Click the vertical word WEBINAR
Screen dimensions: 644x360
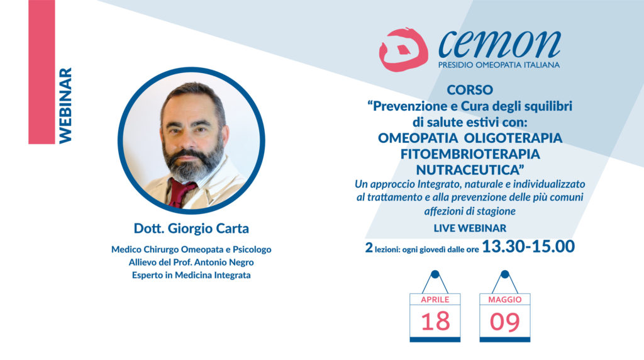click(x=65, y=106)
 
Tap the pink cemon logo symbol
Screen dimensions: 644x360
click(x=403, y=49)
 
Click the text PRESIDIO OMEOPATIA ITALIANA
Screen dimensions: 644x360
click(x=499, y=65)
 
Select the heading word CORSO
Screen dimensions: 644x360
click(x=470, y=89)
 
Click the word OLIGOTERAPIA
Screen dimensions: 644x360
click(x=513, y=138)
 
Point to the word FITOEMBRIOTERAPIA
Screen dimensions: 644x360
click(x=470, y=154)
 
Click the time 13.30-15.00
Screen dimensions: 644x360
click(x=528, y=247)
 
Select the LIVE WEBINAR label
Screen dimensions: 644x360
click(x=470, y=228)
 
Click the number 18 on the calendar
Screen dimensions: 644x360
click(x=435, y=322)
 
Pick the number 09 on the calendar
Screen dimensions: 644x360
click(x=505, y=322)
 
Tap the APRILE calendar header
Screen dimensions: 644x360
click(x=435, y=300)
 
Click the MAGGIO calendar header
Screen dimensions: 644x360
click(x=505, y=300)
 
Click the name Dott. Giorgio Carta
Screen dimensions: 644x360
click(x=191, y=228)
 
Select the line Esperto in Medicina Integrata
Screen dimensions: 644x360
click(x=191, y=275)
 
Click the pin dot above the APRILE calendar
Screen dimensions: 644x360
click(x=435, y=274)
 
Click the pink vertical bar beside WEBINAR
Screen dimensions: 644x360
click(x=42, y=72)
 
